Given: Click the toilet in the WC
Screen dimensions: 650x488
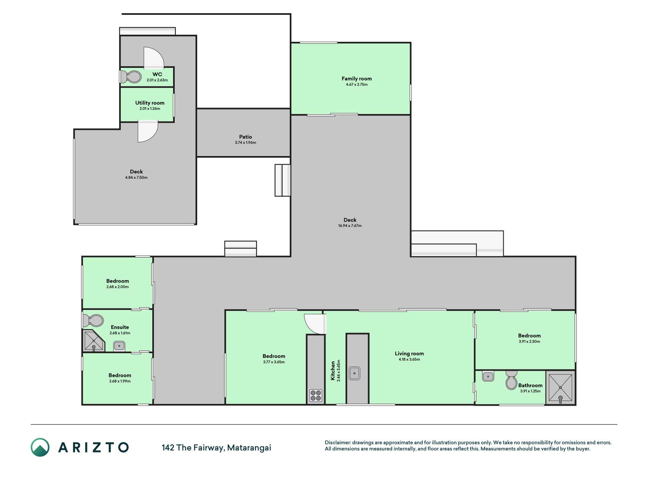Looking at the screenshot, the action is coord(130,77).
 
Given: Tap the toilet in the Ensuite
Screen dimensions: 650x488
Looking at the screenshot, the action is coord(93,321).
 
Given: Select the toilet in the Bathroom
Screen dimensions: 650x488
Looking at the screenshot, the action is coord(511,380).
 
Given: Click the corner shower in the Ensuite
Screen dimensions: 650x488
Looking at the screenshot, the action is coord(93,341).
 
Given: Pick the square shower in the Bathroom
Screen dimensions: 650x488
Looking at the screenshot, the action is coord(560,388).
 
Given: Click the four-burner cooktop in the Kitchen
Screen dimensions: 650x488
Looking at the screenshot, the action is coord(316,395).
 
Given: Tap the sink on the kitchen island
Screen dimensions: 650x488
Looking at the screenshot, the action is coord(355,373).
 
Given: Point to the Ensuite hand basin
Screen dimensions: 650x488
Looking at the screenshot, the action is coord(119,346).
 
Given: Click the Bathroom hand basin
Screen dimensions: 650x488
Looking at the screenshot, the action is coord(488,377).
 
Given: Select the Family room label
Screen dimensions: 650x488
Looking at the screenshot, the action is coord(356,79).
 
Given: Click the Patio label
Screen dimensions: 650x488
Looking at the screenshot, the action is coord(246,136).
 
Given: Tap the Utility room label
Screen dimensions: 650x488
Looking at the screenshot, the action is coord(150,103).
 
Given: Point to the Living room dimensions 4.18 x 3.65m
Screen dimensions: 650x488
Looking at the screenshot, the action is coord(409,359).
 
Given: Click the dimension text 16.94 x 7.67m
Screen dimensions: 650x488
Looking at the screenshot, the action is coord(350,226).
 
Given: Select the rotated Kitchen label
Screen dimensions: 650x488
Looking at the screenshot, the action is coord(333,371).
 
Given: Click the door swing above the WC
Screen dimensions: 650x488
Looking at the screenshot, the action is coord(153,57).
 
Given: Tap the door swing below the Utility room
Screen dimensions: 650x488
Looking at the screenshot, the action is coord(148,132).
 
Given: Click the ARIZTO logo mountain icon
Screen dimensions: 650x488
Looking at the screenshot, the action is coord(40,447).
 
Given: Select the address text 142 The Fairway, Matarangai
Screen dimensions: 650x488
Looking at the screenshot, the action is coord(216,448).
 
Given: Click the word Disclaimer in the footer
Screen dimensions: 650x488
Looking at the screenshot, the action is coord(337,443).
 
